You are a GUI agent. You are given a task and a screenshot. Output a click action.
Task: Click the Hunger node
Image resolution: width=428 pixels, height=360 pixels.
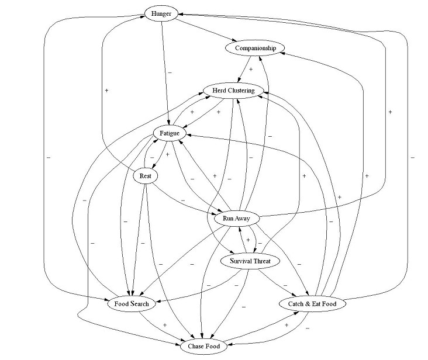(x=161, y=14)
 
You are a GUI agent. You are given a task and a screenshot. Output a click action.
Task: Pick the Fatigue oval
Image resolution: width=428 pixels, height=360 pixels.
(x=169, y=134)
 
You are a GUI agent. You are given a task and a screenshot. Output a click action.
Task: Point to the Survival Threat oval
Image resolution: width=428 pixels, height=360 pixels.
(x=246, y=261)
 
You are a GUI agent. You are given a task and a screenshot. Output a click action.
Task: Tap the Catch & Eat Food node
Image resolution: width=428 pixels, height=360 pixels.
(x=313, y=304)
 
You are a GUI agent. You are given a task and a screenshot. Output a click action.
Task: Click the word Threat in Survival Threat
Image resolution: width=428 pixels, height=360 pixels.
(x=260, y=261)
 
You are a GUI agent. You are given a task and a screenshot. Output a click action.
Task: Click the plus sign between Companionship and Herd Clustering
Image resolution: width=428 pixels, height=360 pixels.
(x=251, y=69)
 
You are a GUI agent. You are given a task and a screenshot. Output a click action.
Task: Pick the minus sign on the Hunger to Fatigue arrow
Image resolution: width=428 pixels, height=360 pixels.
(x=169, y=72)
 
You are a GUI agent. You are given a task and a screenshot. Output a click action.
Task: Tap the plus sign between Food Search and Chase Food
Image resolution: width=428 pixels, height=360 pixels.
(x=165, y=325)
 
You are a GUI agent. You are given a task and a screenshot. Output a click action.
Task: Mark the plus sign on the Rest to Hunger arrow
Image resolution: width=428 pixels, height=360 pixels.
(x=106, y=90)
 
